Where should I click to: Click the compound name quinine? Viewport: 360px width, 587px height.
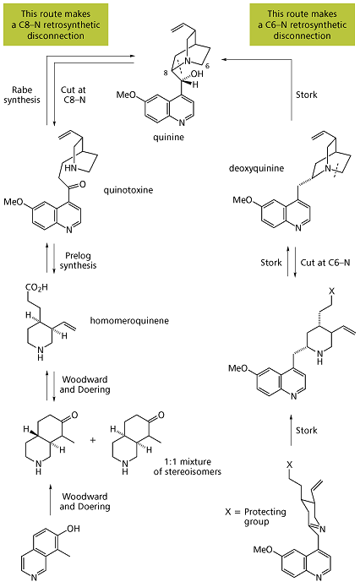[x=168, y=138]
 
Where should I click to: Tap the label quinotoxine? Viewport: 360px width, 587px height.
[x=128, y=190]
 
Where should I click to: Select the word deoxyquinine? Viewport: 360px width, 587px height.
[x=256, y=168]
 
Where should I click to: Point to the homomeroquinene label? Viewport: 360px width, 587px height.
[x=129, y=321]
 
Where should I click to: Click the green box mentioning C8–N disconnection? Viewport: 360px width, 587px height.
[x=56, y=24]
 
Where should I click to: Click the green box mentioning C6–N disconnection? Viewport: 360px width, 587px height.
[x=302, y=24]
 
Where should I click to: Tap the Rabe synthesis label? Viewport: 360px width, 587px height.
[x=22, y=95]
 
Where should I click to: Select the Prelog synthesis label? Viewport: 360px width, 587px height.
[x=78, y=260]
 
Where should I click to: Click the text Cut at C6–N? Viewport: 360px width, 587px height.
[x=325, y=263]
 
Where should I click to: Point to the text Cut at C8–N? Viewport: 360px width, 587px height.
[x=74, y=95]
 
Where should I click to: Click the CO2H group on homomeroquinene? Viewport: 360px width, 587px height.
[x=36, y=288]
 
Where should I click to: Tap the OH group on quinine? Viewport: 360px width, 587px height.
[x=196, y=73]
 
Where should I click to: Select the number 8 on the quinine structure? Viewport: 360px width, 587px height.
[x=166, y=73]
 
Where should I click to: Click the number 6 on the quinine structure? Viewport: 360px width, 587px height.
[x=208, y=66]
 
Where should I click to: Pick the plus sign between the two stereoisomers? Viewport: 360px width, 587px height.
[x=92, y=440]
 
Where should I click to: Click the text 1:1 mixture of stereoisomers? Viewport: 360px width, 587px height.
[x=188, y=466]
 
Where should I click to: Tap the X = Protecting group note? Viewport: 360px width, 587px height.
[x=256, y=517]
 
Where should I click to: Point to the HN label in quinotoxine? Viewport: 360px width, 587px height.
[x=70, y=168]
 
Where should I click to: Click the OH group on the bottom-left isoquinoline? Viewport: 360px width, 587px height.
[x=74, y=529]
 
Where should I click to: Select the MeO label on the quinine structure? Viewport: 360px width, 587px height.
[x=126, y=95]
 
